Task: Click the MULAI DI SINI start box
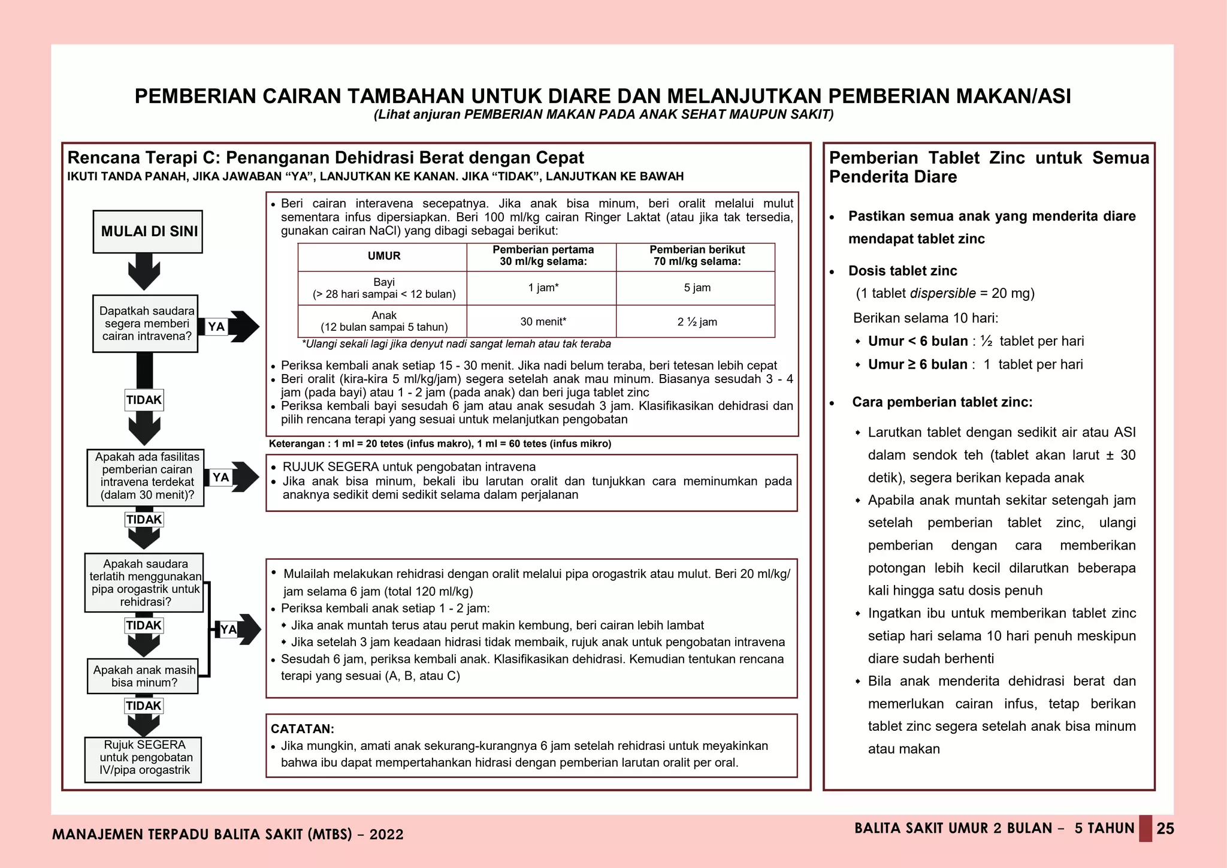coord(147,232)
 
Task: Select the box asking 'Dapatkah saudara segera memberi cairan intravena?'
coord(146,324)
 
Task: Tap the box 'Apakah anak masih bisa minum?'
coord(143,676)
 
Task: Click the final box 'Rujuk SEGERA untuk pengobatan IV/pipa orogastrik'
coord(143,758)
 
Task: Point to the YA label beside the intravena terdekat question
coord(220,477)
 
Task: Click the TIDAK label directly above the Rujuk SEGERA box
coord(144,706)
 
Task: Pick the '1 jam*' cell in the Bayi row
coord(542,288)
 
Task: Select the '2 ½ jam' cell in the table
coord(697,322)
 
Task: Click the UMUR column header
coord(383,256)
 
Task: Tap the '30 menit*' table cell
coord(542,322)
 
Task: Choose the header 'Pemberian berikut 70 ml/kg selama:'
coord(697,256)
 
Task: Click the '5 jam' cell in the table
coord(697,288)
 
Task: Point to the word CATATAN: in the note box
coord(302,729)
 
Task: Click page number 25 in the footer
coord(1165,829)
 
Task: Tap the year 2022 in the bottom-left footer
coord(386,834)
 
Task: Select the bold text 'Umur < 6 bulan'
coord(917,341)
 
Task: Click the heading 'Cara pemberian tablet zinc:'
coord(942,402)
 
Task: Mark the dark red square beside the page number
coord(1145,828)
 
